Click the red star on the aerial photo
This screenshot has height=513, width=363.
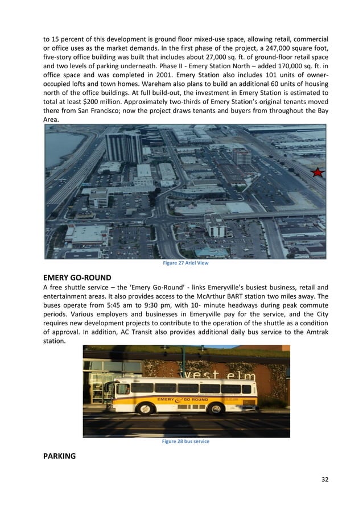tap(317, 172)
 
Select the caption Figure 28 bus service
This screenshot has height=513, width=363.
tap(185, 441)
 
